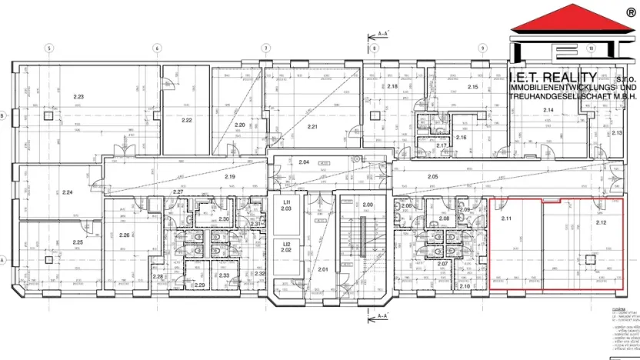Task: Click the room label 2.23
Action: point(78,97)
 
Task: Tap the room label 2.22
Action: point(186,121)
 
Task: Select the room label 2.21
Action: point(312,126)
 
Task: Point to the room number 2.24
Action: point(67,192)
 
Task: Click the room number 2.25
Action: point(78,242)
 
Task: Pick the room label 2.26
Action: point(125,235)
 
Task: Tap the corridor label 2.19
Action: point(229,178)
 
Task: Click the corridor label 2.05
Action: point(432,178)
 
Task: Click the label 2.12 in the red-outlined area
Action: point(601,222)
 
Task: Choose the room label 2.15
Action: point(473,88)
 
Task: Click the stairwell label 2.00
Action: point(368,205)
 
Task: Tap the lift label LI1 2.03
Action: point(285,205)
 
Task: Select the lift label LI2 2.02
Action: point(285,246)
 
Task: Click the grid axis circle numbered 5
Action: point(48,48)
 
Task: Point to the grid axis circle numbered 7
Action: point(265,48)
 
